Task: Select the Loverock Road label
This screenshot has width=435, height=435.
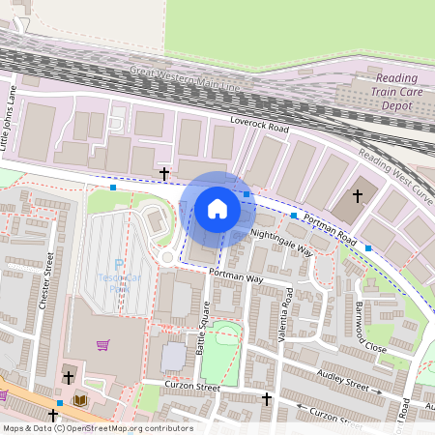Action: click(x=259, y=126)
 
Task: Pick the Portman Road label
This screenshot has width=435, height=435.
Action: click(x=330, y=228)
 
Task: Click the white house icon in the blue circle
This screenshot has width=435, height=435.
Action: click(x=217, y=208)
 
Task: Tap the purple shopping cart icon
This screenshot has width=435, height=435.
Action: click(x=103, y=344)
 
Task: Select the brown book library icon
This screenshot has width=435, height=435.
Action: click(x=79, y=399)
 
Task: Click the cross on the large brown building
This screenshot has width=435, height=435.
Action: click(x=358, y=195)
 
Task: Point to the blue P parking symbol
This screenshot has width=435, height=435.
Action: click(x=119, y=264)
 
